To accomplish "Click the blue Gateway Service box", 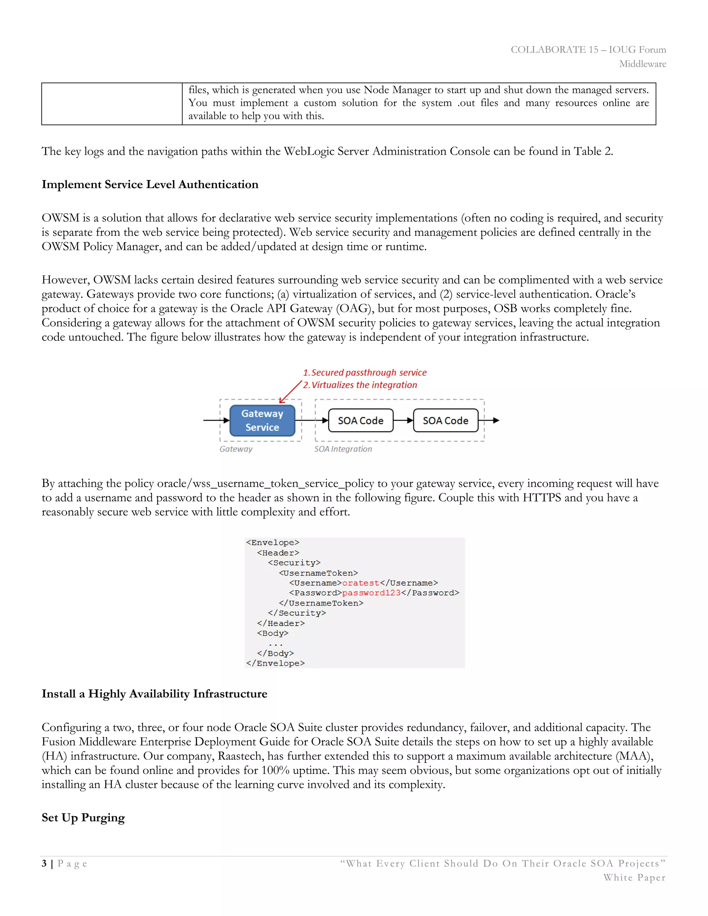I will [x=262, y=420].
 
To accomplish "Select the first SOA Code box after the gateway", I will [x=360, y=420].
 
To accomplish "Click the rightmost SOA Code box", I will [x=445, y=420].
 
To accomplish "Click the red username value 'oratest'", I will [x=360, y=583].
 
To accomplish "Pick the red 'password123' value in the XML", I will [x=371, y=593].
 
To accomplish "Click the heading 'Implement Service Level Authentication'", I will [x=150, y=185].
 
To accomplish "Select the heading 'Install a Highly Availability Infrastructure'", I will [x=154, y=694].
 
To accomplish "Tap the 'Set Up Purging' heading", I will [x=83, y=817].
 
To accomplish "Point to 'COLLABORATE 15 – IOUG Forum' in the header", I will [x=588, y=49].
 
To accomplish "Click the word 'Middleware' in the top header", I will [x=643, y=64].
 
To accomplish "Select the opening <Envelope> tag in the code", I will [x=273, y=543].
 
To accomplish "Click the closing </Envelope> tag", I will [x=276, y=664].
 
